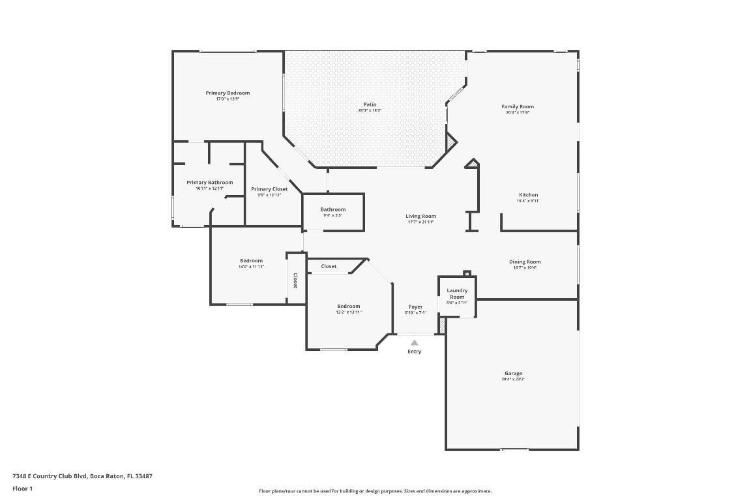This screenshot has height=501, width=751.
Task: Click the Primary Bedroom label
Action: [x=228, y=93]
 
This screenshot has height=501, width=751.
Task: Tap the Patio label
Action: [x=370, y=104]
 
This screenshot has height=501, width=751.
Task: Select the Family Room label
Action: [x=518, y=106]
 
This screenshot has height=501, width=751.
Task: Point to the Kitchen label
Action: [x=528, y=195]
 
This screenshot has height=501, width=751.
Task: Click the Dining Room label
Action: [x=525, y=262]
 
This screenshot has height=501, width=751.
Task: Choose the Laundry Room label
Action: [x=457, y=294]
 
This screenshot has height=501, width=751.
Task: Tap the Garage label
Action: [x=513, y=373]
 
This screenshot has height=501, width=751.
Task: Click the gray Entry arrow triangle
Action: [x=414, y=342]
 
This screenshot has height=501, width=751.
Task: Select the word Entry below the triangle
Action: [x=414, y=352]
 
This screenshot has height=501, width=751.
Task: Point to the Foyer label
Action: [x=415, y=307]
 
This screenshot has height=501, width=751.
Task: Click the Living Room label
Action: [x=420, y=216]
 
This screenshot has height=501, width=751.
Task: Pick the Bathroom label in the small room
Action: [x=332, y=209]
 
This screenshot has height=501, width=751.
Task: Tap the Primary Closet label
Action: [x=269, y=189]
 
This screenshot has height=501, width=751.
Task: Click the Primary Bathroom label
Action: [x=209, y=183]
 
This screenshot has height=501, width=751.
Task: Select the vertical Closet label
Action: [x=295, y=281]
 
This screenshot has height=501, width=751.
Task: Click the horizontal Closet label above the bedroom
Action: [x=329, y=266]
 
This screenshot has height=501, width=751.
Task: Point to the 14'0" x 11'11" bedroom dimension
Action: [x=251, y=267]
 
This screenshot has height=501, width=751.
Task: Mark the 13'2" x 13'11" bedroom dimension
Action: [x=348, y=312]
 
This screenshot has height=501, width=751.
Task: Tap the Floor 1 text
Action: [x=22, y=489]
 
